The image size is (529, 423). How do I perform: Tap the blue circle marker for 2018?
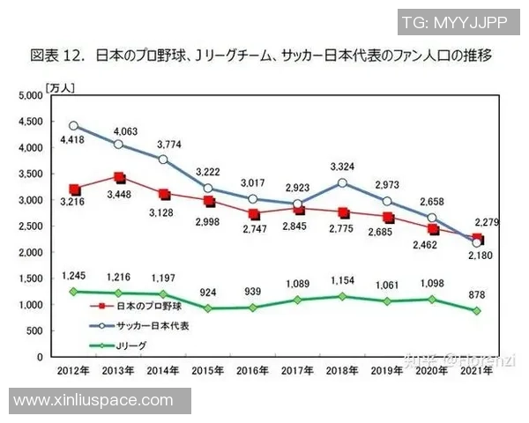[x=341, y=183]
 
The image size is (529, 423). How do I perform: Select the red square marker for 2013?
[x=120, y=177]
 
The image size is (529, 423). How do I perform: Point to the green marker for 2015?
[x=208, y=308]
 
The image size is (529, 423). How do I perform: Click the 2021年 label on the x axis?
[x=477, y=372]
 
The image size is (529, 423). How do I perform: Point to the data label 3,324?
[x=341, y=165]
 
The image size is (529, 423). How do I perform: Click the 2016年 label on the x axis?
[x=253, y=372]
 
